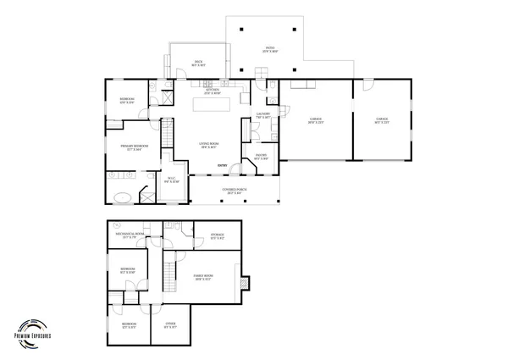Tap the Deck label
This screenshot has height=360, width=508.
(199, 63)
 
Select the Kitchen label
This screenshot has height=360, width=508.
(211, 91)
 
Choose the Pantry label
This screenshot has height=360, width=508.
(261, 156)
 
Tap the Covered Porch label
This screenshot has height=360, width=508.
(235, 191)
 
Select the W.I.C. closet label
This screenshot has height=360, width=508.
(170, 180)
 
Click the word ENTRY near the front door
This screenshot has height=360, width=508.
(222, 165)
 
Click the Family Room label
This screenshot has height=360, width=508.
(203, 277)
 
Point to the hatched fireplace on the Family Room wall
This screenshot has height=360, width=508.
(245, 283)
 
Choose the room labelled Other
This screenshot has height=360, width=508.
(170, 325)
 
